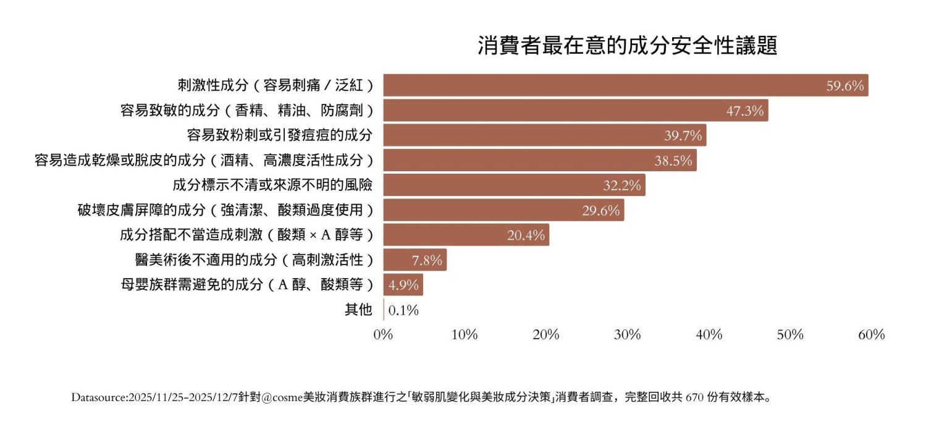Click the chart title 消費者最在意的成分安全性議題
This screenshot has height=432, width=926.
pos(627,46)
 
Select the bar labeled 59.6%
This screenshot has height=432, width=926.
pos(625,85)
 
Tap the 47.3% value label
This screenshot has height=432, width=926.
pos(745,111)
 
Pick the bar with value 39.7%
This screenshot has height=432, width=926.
pos(544,135)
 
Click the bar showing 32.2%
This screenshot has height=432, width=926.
pos(514,185)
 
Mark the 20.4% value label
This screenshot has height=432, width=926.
pos(526,235)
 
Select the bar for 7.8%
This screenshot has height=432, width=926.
pos(415,260)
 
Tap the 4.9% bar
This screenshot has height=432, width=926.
pos(403,285)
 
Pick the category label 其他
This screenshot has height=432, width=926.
pos(358,310)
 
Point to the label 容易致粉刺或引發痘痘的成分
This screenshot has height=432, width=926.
pos(280,135)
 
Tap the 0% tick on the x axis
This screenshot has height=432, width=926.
pos(384,335)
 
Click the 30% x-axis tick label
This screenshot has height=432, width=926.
pos(628,335)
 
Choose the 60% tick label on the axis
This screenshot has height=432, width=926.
pos(872,335)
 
